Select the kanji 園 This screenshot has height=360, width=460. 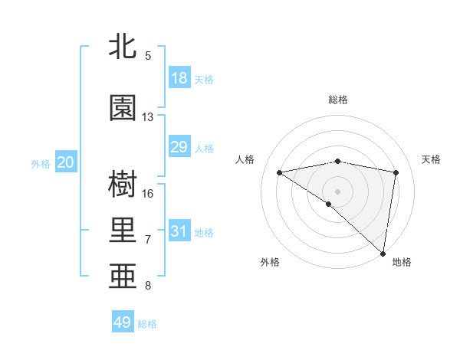click(x=123, y=108)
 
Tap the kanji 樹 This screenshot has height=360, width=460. click(x=123, y=185)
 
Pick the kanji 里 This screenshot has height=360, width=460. click(x=123, y=230)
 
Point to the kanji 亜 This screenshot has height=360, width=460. click(x=123, y=275)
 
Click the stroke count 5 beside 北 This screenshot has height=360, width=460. click(x=148, y=56)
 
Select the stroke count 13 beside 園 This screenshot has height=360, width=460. click(x=148, y=117)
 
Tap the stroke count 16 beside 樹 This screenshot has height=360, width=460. click(x=148, y=193)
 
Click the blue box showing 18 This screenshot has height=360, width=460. click(x=179, y=78)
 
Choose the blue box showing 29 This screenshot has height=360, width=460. click(x=179, y=147)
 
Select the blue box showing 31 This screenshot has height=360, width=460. click(x=179, y=231)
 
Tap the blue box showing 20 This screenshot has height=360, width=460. click(x=66, y=162)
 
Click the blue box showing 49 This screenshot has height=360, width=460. click(x=123, y=322)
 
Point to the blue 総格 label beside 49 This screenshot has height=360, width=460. click(x=148, y=324)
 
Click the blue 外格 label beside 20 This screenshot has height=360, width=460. click(x=41, y=163)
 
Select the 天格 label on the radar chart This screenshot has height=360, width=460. click(x=431, y=159)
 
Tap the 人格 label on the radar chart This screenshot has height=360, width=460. click(x=245, y=159)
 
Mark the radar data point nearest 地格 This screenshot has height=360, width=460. click(x=384, y=253)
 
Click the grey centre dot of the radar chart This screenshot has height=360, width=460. click(x=337, y=190)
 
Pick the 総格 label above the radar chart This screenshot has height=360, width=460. click(x=338, y=100)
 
